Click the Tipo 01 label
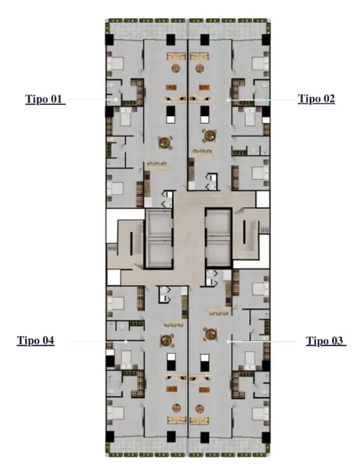tap(44, 99)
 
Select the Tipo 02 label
tap(316, 99)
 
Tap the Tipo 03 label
tap(325, 341)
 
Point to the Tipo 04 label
tap(35, 341)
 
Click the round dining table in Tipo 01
tap(165, 143)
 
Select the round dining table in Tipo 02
tap(210, 136)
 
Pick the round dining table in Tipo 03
tap(211, 334)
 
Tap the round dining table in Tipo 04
tap(166, 340)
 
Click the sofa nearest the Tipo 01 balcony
tap(177, 56)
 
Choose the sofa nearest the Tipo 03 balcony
tap(199, 420)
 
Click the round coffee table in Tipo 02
tap(200, 68)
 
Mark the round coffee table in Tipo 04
tap(176, 408)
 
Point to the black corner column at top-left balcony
tap(110, 40)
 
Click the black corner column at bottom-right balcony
tap(266, 437)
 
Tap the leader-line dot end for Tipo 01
tap(116, 99)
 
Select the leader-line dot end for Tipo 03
tap(229, 341)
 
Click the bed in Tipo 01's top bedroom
tap(115, 63)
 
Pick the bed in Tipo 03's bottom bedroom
tap(261, 414)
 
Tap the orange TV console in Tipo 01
tap(171, 88)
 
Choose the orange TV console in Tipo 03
tap(204, 389)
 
